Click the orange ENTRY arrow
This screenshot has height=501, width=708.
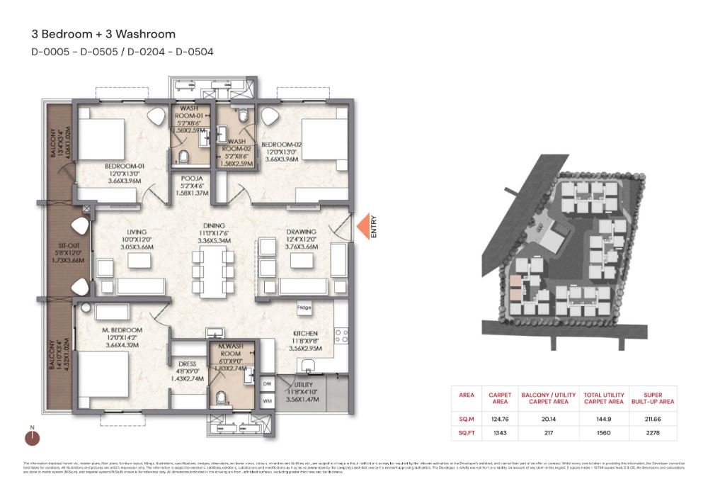362,227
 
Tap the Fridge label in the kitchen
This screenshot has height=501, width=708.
304,308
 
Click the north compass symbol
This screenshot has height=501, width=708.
32,437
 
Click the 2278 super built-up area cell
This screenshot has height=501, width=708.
651,432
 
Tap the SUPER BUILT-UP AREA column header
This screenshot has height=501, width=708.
651,398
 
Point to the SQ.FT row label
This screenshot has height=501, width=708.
467,432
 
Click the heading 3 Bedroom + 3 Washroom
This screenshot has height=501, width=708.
103,33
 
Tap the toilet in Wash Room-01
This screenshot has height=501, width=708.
182,157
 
